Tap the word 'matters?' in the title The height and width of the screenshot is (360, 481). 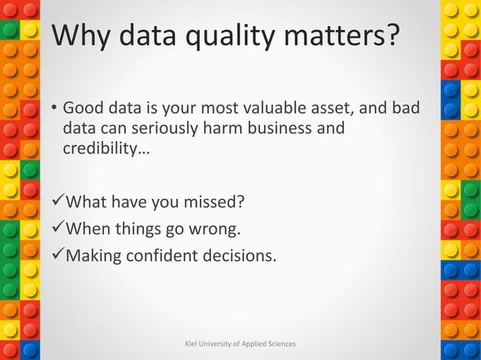click(x=346, y=35)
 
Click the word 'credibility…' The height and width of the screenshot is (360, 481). click(x=106, y=148)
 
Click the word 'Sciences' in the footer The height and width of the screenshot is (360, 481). click(x=280, y=344)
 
